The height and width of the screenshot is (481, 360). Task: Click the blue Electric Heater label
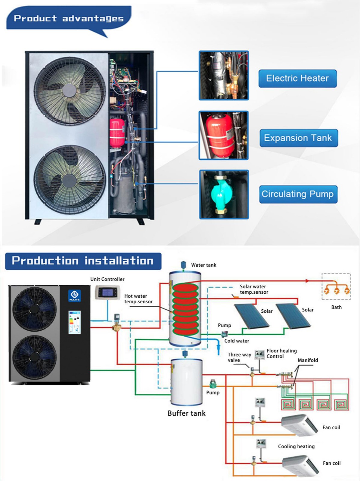297,78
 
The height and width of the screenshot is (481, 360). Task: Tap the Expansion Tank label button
298,138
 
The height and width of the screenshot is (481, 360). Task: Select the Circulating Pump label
298,194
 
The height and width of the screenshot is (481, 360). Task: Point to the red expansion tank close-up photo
223,135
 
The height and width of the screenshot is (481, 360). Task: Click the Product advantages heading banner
69,19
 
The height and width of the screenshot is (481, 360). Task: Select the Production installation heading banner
83,261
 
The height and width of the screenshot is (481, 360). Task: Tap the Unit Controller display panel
107,293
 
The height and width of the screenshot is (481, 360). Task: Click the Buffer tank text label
186,413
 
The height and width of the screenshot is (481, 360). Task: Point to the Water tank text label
204,265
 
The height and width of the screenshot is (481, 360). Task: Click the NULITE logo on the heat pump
74,295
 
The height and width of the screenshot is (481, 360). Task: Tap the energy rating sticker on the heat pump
74,322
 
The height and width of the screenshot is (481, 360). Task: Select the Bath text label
336,307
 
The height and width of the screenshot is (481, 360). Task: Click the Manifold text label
308,360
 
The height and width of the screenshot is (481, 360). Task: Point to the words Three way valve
239,357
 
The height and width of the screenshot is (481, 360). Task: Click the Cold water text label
237,341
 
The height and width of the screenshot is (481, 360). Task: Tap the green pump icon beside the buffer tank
213,383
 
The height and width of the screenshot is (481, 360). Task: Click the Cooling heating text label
296,446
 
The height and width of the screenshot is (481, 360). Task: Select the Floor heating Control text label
281,354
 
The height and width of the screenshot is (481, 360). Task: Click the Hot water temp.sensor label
138,299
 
